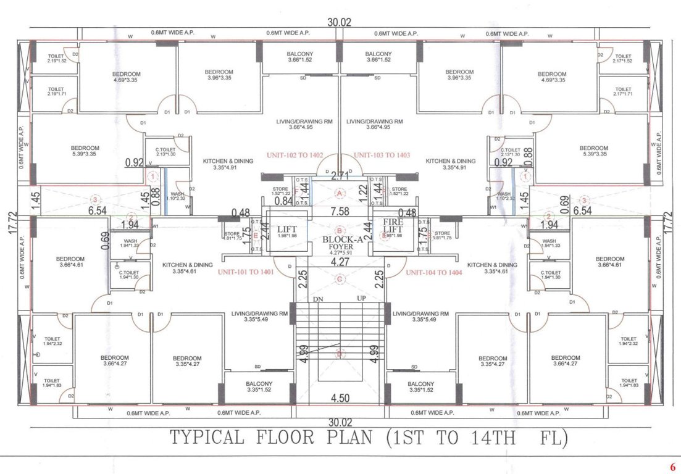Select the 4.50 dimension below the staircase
[339, 398]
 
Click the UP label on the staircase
[362, 298]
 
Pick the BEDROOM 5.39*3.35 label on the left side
[85, 151]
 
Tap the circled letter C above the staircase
[339, 279]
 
